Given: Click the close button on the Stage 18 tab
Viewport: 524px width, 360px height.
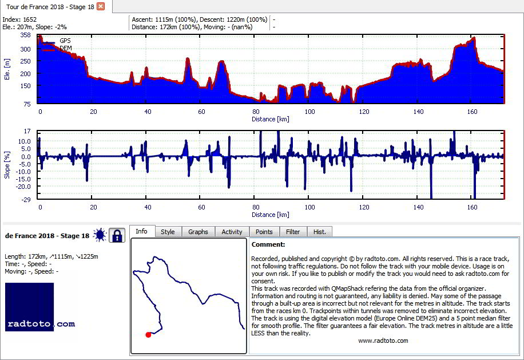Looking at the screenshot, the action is point(101,6).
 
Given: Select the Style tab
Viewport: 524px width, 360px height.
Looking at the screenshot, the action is point(168,232).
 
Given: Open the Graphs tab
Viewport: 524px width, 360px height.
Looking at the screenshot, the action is point(198,232).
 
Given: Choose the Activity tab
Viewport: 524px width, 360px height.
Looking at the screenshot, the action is point(232,232).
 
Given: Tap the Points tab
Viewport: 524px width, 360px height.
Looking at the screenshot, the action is point(264,232).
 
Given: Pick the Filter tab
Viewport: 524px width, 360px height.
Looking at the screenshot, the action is point(293,232).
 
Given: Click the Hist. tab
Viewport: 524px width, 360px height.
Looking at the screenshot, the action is point(319,232).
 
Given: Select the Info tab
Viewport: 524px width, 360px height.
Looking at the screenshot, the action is point(141,231).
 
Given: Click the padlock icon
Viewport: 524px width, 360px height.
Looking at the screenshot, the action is point(117,235).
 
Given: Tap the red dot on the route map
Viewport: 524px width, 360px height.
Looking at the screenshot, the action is point(148,335).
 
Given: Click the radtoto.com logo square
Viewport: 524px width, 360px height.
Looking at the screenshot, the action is point(29,307).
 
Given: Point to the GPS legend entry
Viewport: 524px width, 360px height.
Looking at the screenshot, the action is point(65,41).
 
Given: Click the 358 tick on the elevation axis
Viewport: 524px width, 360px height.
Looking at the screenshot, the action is point(25,35).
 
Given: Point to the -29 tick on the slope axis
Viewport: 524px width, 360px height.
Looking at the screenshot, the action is point(26,200).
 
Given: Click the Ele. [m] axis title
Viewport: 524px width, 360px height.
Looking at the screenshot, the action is point(7,69).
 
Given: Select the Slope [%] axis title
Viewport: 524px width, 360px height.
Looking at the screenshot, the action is point(7,165).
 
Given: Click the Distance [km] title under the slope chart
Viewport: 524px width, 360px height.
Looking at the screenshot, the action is point(271,215).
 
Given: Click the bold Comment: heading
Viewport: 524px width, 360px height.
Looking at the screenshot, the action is point(268,244).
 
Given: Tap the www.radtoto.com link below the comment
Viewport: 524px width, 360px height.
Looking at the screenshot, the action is point(383,341).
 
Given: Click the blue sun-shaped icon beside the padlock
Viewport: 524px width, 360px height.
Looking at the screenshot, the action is point(100,235).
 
